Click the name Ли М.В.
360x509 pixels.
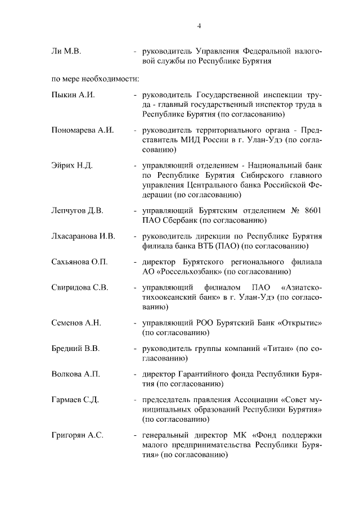66,51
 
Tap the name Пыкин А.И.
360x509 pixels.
73,94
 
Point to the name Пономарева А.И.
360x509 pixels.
83,130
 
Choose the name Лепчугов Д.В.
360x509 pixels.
77,210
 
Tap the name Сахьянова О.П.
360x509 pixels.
79,262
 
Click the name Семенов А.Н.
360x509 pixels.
76,323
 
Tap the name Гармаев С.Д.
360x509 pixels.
75,400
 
